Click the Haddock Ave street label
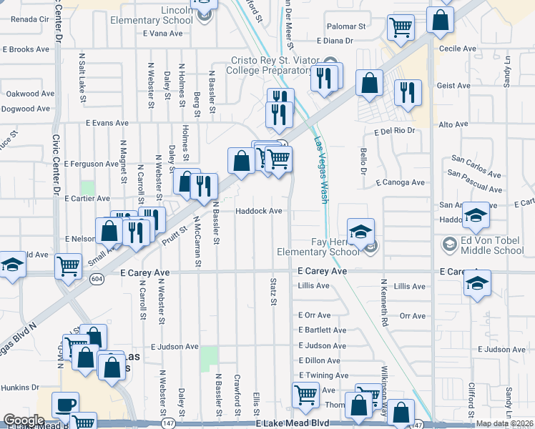tap(260, 211)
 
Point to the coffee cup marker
tap(65, 404)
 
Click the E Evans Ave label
tap(107, 123)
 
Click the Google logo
tap(23, 420)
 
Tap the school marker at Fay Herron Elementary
tap(361, 231)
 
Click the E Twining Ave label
tap(324, 375)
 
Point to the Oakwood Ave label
tap(30, 94)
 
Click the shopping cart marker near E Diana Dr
tap(401, 27)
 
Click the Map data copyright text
tap(504, 423)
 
